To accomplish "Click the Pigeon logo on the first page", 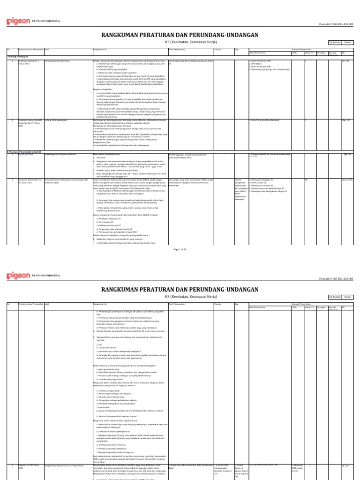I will pyautogui.click(x=17, y=21).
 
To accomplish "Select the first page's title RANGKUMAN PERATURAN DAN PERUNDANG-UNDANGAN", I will pyautogui.click(x=180, y=34).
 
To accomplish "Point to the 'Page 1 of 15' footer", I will pyautogui.click(x=180, y=249).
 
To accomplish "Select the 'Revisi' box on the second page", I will pyautogui.click(x=348, y=297).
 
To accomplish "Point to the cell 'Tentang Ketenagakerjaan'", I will pyautogui.click(x=56, y=120).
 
